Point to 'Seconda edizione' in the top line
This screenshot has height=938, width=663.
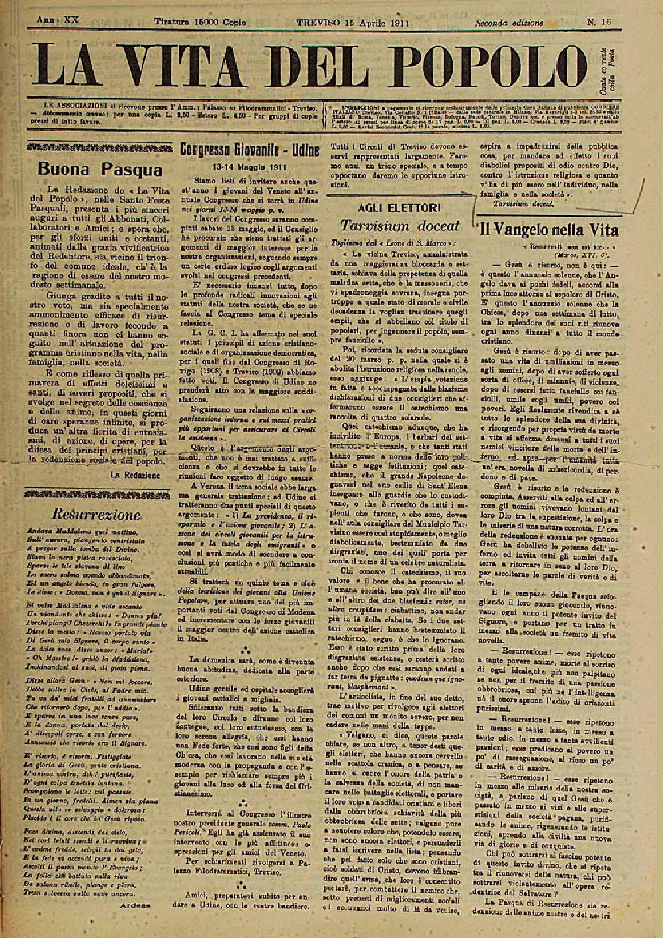(x=509, y=22)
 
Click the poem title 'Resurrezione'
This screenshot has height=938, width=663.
(x=96, y=514)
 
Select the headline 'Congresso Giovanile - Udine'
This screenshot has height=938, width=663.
(x=250, y=150)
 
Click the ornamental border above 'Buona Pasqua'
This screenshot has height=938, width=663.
(x=99, y=148)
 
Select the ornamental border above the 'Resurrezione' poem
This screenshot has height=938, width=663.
(x=99, y=494)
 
